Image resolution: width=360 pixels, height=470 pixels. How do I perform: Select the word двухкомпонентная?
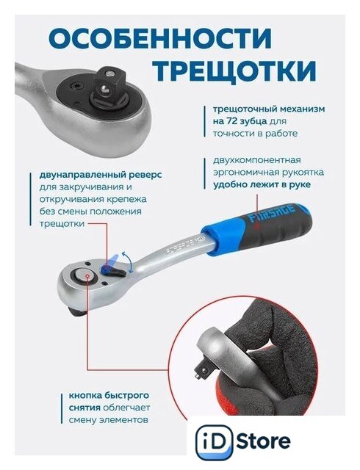[257, 160]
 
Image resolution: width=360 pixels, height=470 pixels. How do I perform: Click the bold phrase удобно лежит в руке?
[262, 184]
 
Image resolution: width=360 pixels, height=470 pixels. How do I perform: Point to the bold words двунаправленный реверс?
[100, 175]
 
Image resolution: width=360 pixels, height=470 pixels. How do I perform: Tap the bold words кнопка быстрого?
[109, 395]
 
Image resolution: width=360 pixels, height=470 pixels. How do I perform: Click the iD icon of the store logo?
[215, 441]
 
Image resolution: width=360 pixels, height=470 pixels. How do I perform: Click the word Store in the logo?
[264, 441]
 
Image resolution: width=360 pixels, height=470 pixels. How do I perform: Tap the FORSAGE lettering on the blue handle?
[272, 214]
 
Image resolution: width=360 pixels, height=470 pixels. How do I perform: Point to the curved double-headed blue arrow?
[130, 262]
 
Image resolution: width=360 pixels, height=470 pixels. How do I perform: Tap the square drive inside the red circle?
[201, 370]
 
